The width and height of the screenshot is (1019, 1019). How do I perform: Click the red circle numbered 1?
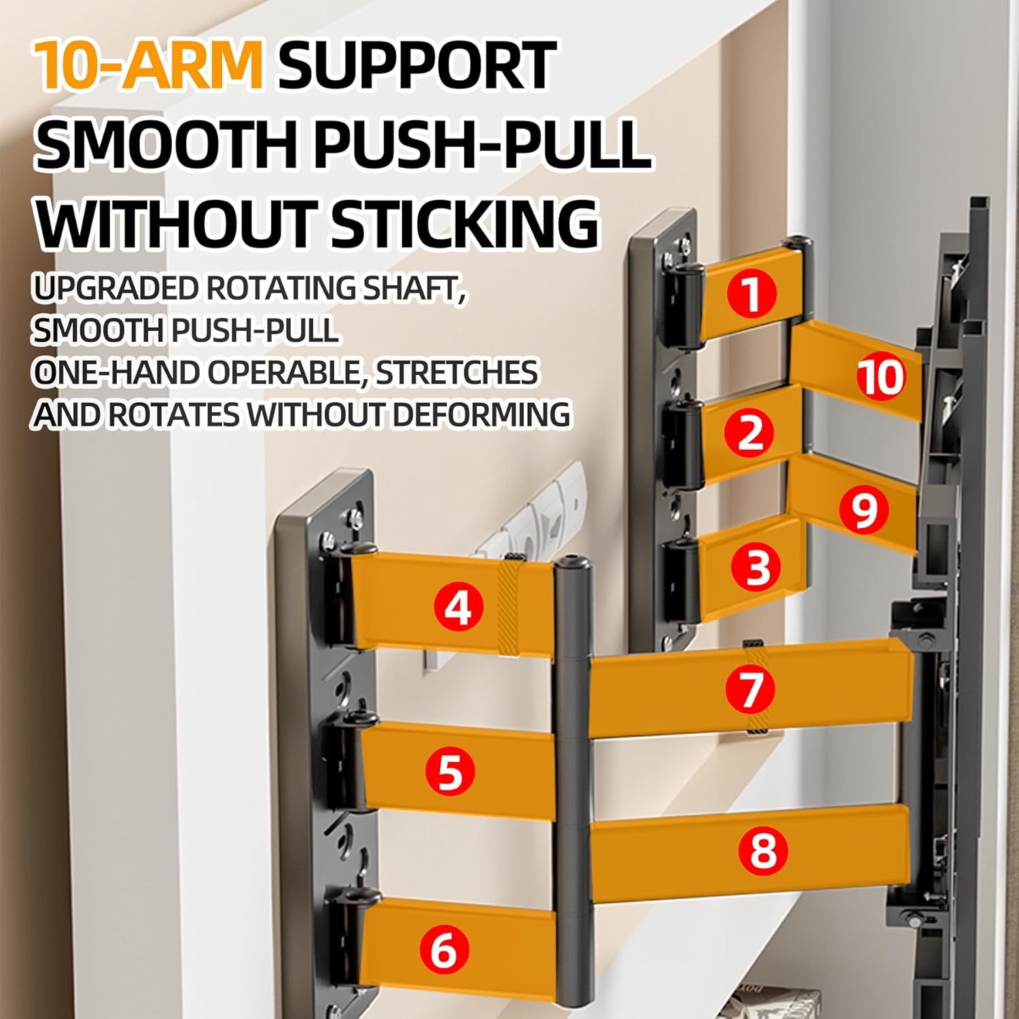point(751,293)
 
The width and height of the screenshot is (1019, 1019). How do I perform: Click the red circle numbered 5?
point(450,771)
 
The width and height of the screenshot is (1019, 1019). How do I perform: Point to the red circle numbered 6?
point(444,949)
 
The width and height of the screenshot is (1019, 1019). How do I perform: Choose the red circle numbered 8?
point(764,849)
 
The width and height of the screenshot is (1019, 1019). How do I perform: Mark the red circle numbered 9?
point(864,509)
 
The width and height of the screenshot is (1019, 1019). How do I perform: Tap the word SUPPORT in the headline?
point(417,65)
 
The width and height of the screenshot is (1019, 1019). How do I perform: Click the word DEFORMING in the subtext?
point(480,414)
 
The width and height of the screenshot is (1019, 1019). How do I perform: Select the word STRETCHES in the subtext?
point(457,372)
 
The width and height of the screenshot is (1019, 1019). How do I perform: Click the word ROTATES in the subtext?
point(174,414)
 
